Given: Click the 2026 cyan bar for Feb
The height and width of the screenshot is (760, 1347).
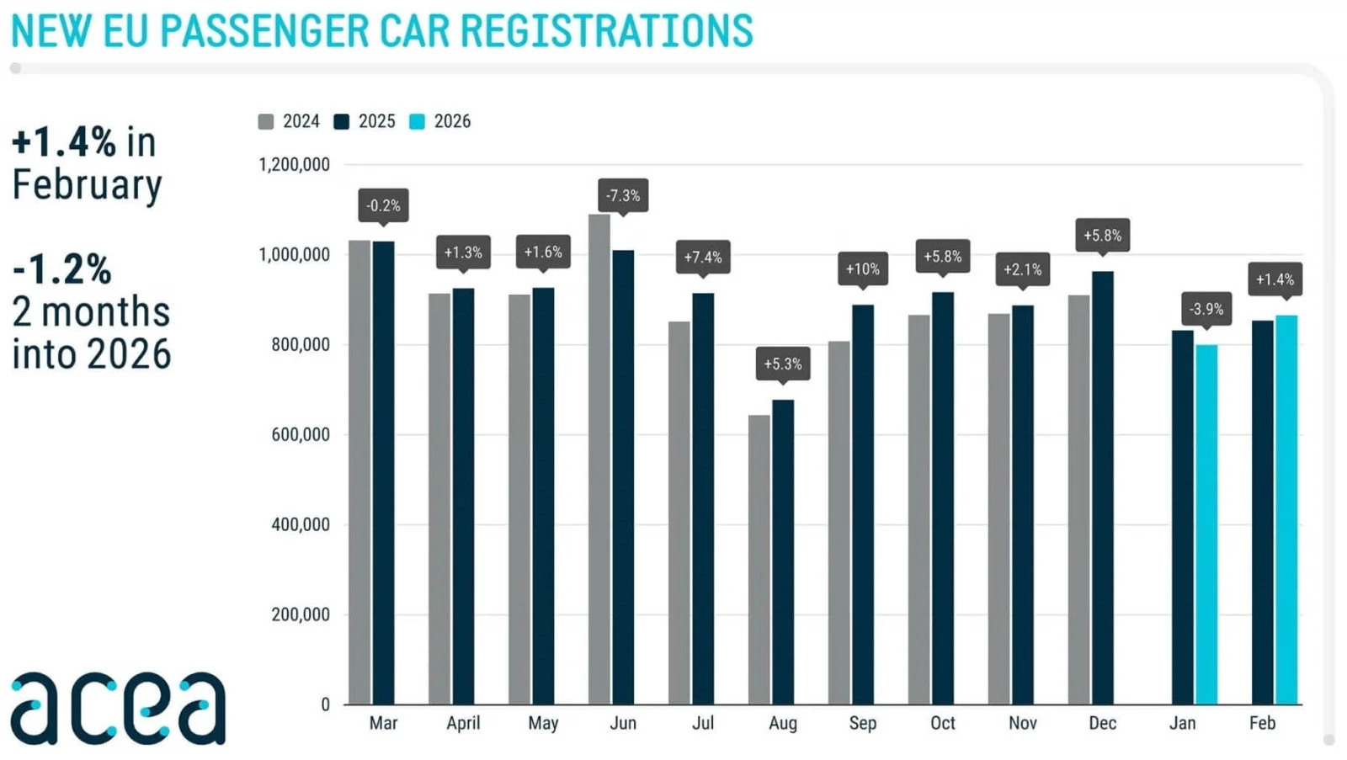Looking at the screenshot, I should click(1286, 509).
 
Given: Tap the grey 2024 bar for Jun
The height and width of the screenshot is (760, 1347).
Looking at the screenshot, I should click(599, 459).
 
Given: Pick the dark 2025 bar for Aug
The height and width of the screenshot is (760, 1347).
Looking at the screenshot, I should click(783, 551).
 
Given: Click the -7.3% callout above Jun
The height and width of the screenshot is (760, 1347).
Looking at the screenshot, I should click(623, 195).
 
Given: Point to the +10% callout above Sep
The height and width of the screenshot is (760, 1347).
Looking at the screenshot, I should click(862, 269).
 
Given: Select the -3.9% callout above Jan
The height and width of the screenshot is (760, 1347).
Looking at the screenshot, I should click(1206, 309).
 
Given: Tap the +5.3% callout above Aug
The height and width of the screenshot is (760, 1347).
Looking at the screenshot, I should click(783, 364).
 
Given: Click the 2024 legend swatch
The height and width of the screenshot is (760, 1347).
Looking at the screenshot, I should click(266, 122).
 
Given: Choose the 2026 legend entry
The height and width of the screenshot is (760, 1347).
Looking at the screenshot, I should click(440, 121).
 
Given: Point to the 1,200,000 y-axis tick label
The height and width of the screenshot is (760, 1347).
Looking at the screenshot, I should click(294, 165).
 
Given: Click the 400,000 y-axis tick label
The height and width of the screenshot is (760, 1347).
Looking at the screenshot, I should click(300, 524).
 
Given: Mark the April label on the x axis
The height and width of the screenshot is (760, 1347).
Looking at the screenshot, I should click(463, 723).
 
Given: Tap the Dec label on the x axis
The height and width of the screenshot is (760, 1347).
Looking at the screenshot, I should click(1102, 723).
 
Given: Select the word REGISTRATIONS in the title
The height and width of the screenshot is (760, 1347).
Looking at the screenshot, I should click(606, 31).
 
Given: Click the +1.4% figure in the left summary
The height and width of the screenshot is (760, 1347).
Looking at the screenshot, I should click(64, 142).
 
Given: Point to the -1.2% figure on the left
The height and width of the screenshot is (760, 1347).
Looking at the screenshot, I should click(61, 269).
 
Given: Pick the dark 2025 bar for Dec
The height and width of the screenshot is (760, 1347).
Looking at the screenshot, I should click(1102, 487).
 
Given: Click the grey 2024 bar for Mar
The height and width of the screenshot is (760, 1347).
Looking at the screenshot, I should click(359, 472).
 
